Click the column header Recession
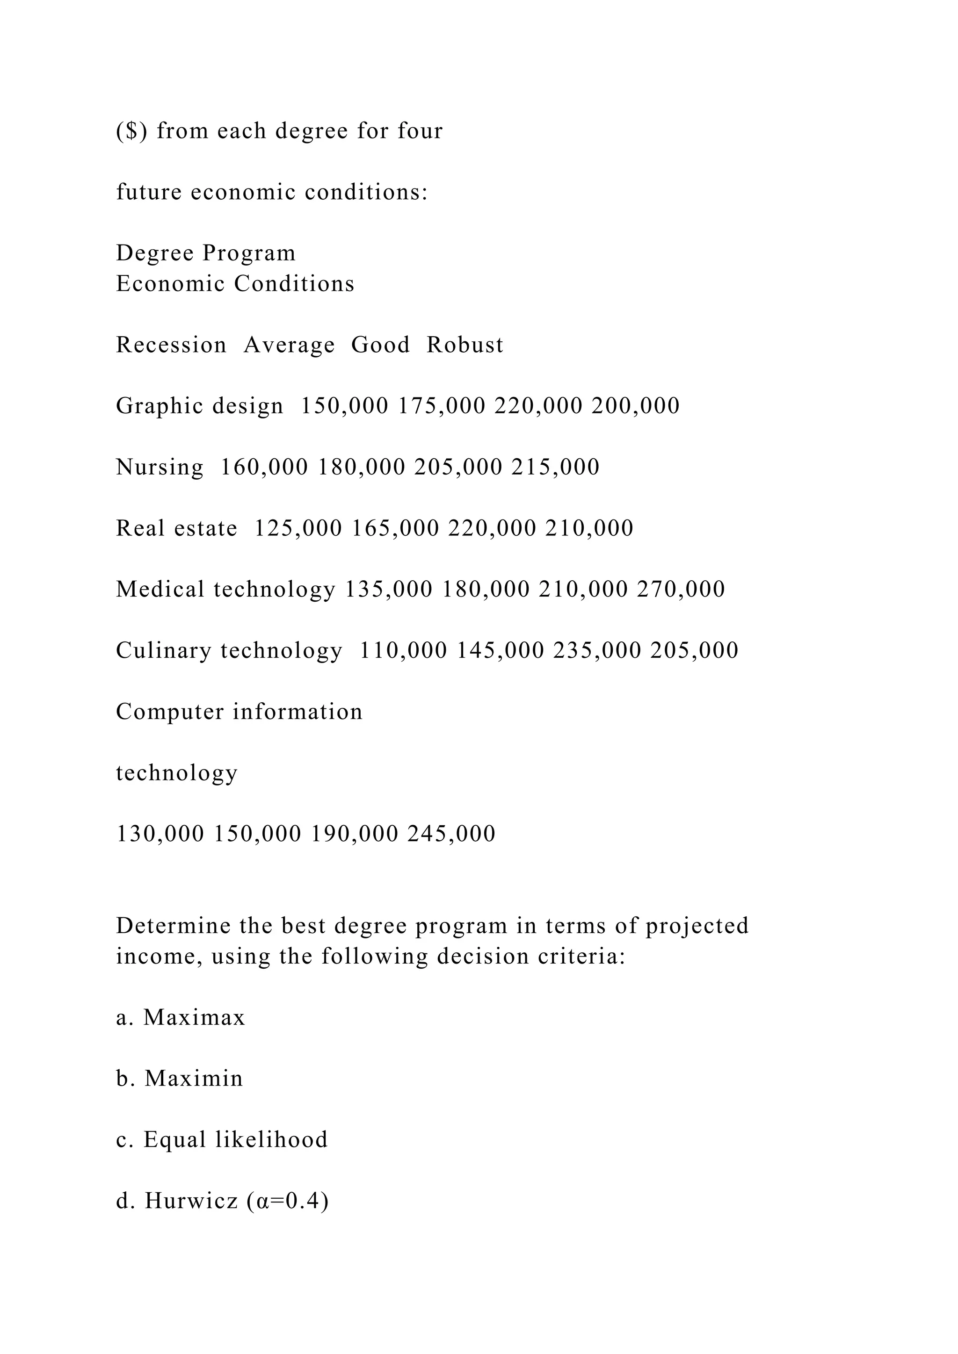171,345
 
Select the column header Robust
465,345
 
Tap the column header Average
289,345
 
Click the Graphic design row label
199,406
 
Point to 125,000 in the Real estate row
298,528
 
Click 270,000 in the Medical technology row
681,590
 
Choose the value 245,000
451,835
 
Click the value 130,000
160,835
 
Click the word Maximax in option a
194,1018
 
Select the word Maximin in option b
194,1079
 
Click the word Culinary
163,651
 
